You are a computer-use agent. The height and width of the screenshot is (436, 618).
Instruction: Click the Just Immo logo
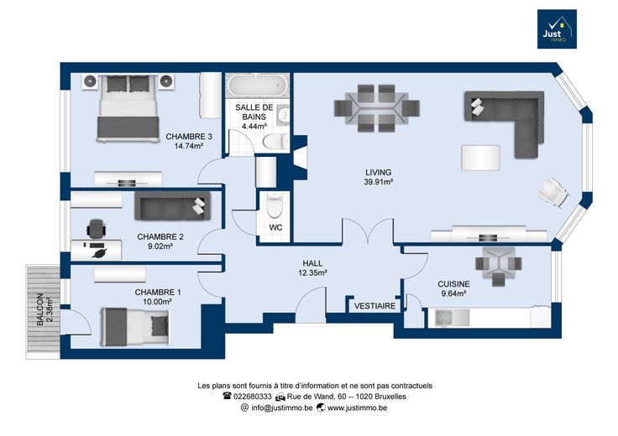tap(557, 29)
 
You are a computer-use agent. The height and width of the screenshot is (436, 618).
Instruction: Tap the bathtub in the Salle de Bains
tap(258, 85)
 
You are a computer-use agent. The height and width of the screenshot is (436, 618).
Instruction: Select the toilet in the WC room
tap(273, 205)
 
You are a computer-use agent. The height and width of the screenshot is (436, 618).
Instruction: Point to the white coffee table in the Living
tap(480, 158)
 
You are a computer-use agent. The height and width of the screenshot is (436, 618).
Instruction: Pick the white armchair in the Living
tap(553, 192)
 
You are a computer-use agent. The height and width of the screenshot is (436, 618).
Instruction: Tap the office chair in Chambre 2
tap(97, 229)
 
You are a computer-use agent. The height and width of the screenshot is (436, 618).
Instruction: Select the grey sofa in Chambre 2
tap(173, 205)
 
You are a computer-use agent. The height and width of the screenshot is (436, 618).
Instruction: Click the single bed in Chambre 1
tap(135, 327)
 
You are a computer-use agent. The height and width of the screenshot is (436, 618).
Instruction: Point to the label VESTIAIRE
tap(374, 306)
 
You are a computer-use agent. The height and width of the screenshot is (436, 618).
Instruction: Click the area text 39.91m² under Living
tap(379, 182)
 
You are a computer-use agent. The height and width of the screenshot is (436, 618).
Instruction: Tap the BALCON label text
tap(39, 309)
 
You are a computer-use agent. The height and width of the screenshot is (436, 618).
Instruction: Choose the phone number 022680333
tap(253, 397)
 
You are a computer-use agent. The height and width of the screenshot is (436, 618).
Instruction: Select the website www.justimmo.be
tap(357, 408)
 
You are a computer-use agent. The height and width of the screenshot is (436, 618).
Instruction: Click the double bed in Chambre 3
tap(128, 108)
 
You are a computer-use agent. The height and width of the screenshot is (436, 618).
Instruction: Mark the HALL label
tap(312, 263)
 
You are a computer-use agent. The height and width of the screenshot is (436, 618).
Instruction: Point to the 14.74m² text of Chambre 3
tap(189, 147)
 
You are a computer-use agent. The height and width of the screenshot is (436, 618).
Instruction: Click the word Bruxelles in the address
tap(390, 397)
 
